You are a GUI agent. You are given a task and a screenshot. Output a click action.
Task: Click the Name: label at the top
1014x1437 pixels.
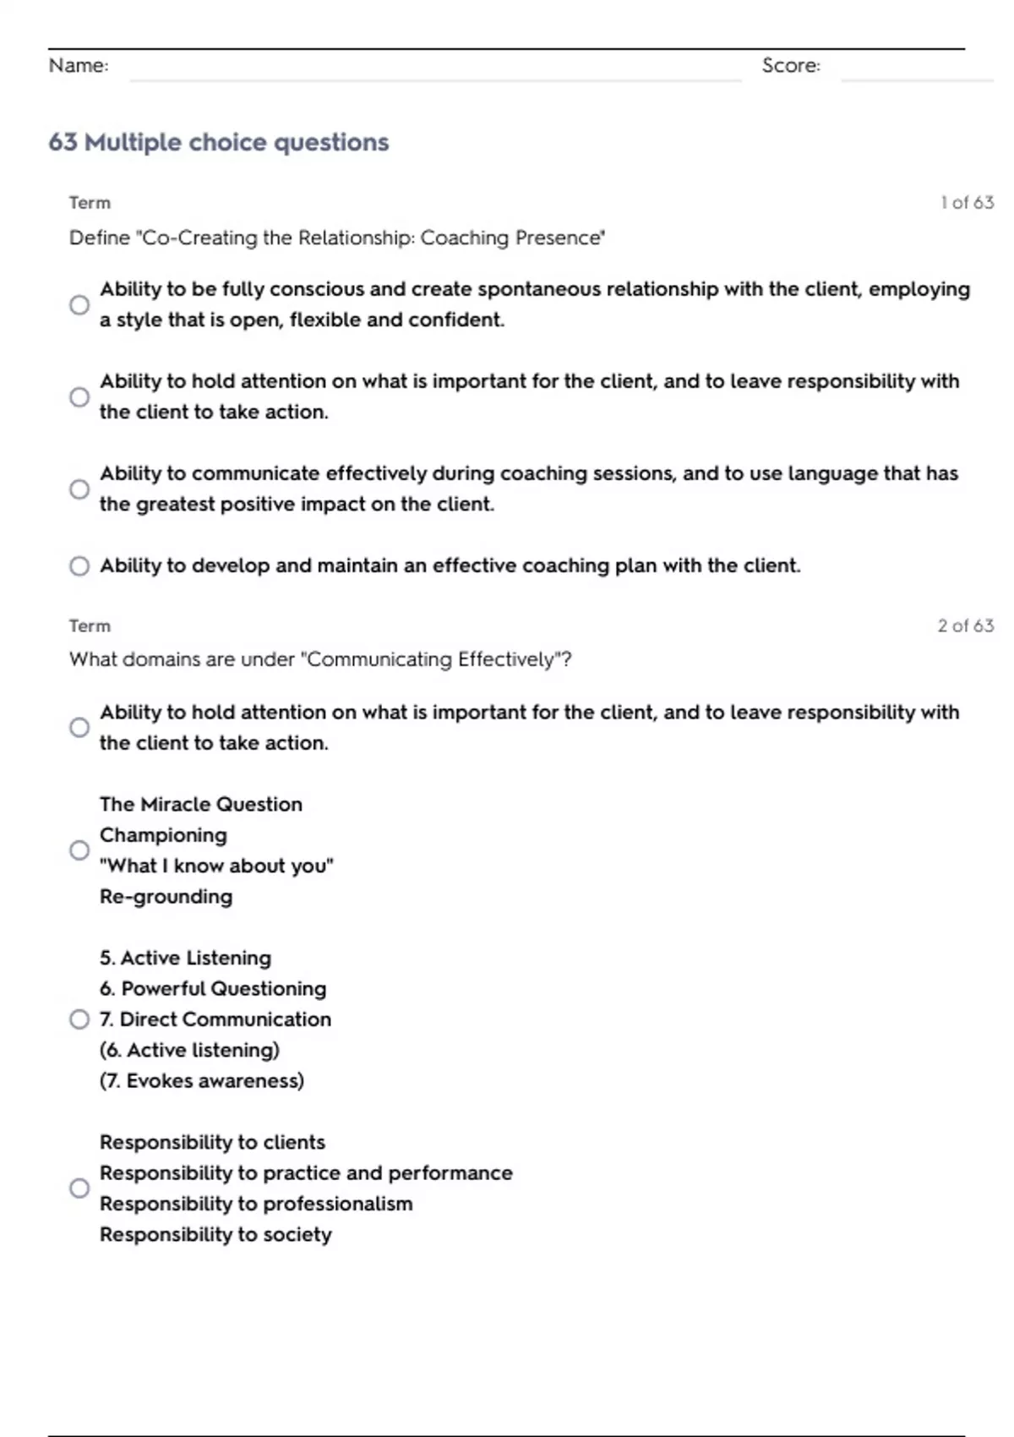click(x=79, y=66)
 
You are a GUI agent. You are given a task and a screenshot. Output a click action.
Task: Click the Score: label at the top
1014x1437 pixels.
click(x=791, y=66)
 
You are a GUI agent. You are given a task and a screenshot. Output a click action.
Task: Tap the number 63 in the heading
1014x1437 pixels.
click(x=63, y=142)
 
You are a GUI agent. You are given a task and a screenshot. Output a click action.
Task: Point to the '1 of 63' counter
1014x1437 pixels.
click(x=967, y=203)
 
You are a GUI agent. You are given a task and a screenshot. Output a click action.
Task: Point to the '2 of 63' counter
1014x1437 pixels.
click(x=965, y=626)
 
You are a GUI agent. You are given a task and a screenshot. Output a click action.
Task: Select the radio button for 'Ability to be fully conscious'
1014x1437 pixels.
click(x=79, y=305)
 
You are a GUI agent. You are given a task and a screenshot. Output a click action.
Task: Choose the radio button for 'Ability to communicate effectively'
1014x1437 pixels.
click(x=79, y=489)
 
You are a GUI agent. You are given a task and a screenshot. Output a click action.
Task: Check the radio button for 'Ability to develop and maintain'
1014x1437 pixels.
click(x=79, y=566)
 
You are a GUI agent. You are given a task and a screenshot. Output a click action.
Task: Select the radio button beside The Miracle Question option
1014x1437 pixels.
click(x=79, y=850)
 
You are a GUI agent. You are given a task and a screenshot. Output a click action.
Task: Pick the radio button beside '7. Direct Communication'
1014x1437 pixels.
click(x=79, y=1019)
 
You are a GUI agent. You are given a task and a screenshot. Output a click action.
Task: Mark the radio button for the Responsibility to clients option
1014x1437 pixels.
click(x=79, y=1188)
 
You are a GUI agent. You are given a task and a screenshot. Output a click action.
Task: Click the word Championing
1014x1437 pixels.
click(x=163, y=835)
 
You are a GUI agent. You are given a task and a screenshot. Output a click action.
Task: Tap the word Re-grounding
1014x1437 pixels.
click(x=166, y=897)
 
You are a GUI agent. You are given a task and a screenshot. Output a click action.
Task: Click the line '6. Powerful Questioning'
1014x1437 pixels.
click(x=213, y=989)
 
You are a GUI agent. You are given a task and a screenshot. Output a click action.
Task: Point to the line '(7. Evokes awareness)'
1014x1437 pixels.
click(x=202, y=1081)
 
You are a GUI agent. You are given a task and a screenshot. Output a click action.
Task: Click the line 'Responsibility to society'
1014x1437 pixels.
click(x=215, y=1235)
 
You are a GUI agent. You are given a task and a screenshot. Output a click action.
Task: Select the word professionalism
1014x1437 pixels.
click(x=338, y=1205)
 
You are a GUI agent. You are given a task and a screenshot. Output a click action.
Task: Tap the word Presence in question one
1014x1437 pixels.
click(x=568, y=238)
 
